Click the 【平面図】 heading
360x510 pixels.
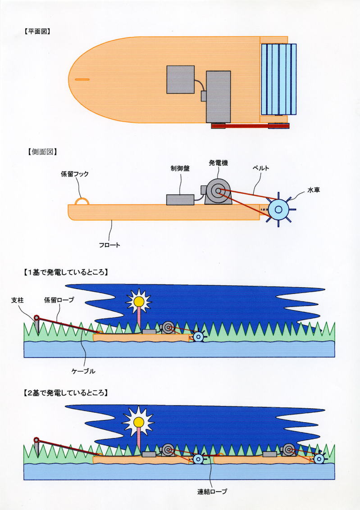click(36, 32)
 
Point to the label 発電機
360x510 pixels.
click(218, 162)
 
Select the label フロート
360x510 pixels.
click(110, 245)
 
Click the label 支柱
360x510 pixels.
click(17, 299)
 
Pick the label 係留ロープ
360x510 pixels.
click(58, 299)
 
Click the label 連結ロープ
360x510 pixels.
click(212, 492)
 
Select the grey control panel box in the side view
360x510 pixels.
click(180, 199)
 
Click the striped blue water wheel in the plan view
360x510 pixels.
click(278, 79)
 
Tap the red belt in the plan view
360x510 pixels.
click(250, 126)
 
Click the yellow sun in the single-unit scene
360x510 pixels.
click(139, 301)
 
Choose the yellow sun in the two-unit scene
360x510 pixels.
click(139, 422)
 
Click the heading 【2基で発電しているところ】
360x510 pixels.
click(65, 393)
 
